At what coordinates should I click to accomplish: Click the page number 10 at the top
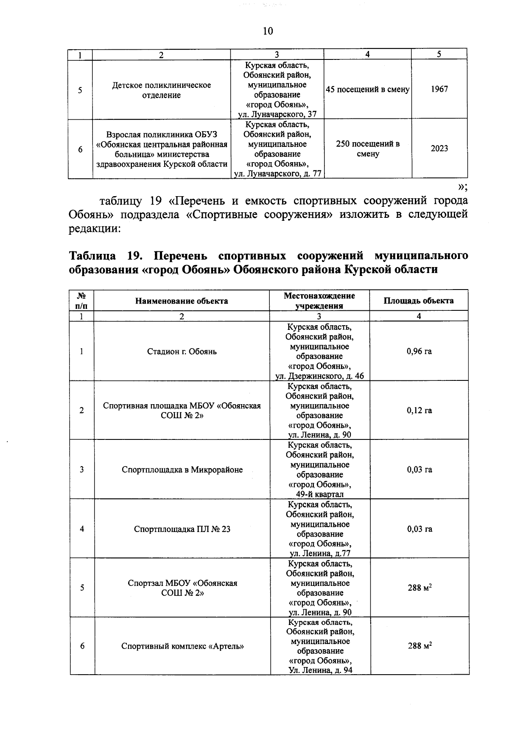pyautogui.click(x=268, y=31)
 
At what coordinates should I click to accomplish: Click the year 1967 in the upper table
pyautogui.click(x=439, y=90)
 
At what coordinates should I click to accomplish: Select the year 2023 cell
pyautogui.click(x=439, y=149)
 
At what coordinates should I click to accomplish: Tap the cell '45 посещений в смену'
pyautogui.click(x=367, y=90)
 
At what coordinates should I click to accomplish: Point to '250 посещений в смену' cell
pyautogui.click(x=367, y=149)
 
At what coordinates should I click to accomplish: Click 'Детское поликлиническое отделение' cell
pyautogui.click(x=161, y=90)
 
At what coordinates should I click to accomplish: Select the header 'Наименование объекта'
pyautogui.click(x=182, y=301)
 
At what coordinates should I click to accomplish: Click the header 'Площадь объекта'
pyautogui.click(x=418, y=301)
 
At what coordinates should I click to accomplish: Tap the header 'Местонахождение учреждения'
pyautogui.click(x=319, y=301)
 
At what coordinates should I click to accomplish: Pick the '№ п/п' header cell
pyautogui.click(x=81, y=301)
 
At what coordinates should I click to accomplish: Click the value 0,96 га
pyautogui.click(x=419, y=352)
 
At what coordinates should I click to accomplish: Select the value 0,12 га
pyautogui.click(x=419, y=411)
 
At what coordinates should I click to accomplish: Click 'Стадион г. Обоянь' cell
pyautogui.click(x=182, y=352)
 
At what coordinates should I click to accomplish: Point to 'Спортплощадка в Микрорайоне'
pyautogui.click(x=182, y=470)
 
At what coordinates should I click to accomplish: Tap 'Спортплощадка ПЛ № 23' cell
pyautogui.click(x=182, y=529)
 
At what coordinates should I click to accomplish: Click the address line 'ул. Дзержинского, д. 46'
pyautogui.click(x=319, y=376)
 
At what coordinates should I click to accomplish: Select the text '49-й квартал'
pyautogui.click(x=319, y=494)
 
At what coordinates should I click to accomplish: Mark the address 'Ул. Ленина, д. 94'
pyautogui.click(x=320, y=670)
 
